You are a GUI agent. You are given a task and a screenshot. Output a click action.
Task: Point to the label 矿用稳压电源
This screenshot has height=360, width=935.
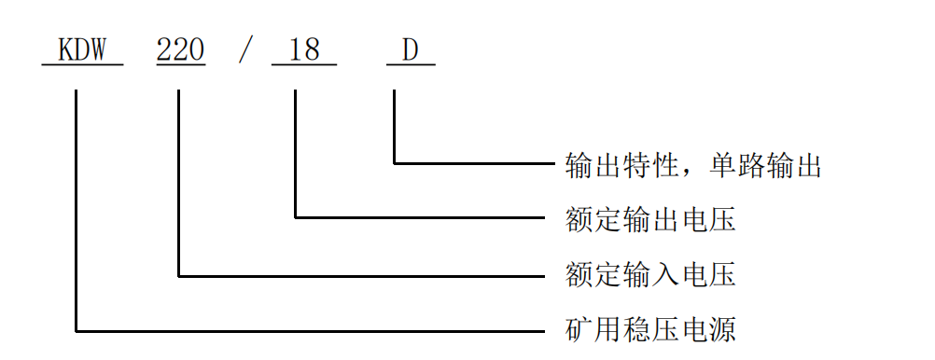(x=651, y=329)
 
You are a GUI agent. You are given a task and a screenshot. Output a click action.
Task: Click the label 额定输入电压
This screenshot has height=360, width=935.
(x=651, y=274)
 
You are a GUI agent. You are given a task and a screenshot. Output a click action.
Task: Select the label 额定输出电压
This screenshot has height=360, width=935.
(x=651, y=219)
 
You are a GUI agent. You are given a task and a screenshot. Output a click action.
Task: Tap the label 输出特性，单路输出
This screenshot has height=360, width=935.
(x=693, y=165)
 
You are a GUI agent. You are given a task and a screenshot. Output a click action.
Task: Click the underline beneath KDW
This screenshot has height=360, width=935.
(x=82, y=64)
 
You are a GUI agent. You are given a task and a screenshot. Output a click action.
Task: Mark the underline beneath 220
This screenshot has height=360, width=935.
(x=180, y=64)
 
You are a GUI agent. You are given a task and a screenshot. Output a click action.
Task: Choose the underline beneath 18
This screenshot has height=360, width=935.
(x=303, y=64)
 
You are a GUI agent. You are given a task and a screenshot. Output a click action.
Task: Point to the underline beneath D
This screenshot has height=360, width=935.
(x=411, y=64)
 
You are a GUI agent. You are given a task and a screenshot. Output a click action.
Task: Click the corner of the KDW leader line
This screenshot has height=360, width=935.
(x=76, y=330)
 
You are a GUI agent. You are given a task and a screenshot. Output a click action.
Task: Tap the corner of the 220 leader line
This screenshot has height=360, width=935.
(x=177, y=275)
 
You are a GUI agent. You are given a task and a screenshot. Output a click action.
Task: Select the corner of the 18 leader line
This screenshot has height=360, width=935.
(x=296, y=218)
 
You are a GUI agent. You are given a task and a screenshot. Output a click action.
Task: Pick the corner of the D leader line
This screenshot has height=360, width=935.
(x=394, y=164)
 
